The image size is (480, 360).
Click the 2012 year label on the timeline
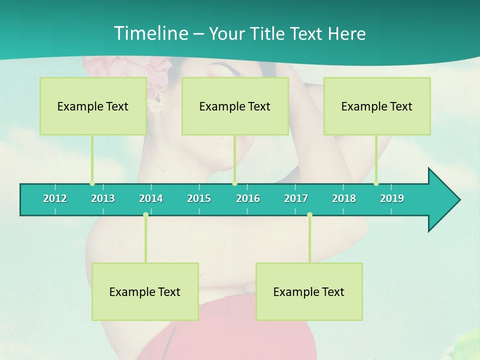55,198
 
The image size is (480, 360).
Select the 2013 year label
103,198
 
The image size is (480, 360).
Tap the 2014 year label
151,198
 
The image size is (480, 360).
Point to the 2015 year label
199,198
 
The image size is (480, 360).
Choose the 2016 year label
248,198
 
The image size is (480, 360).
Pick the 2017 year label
296,198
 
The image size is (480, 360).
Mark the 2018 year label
344,198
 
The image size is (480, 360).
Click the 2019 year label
392,198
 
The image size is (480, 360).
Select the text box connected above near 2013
93,106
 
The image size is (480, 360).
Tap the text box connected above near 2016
235,106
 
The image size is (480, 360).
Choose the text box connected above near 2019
377,106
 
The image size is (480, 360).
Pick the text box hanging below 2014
145,291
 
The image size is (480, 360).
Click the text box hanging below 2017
309,291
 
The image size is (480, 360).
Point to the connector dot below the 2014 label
145,215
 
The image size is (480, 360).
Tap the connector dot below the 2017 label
309,215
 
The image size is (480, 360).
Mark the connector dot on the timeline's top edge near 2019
376,183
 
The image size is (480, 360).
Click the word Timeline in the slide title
150,33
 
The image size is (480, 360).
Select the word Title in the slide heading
268,34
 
